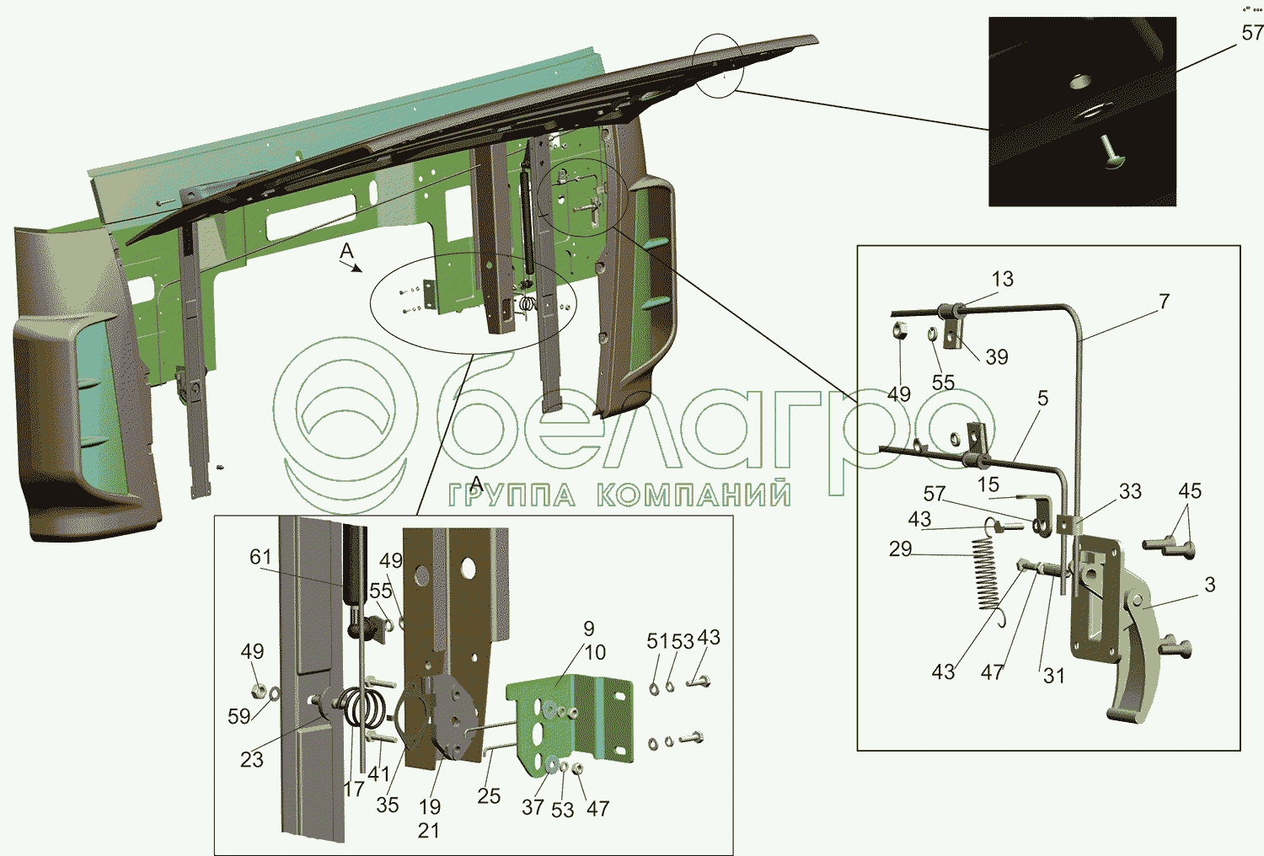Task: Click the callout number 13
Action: (x=1002, y=279)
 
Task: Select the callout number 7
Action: (x=1164, y=301)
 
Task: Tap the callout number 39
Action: (x=996, y=357)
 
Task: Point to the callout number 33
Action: (x=1130, y=491)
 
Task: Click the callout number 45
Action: (x=1190, y=491)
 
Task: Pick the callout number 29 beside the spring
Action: (x=900, y=549)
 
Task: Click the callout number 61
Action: (x=260, y=557)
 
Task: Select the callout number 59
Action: (x=239, y=716)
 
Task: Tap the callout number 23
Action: (x=252, y=759)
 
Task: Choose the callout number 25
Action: (x=489, y=796)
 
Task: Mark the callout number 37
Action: (x=533, y=807)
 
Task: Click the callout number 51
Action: (x=657, y=641)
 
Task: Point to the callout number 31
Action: (x=1054, y=676)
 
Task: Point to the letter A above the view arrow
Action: (x=346, y=251)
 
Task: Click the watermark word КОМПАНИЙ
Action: (x=694, y=495)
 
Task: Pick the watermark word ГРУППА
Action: (x=512, y=495)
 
